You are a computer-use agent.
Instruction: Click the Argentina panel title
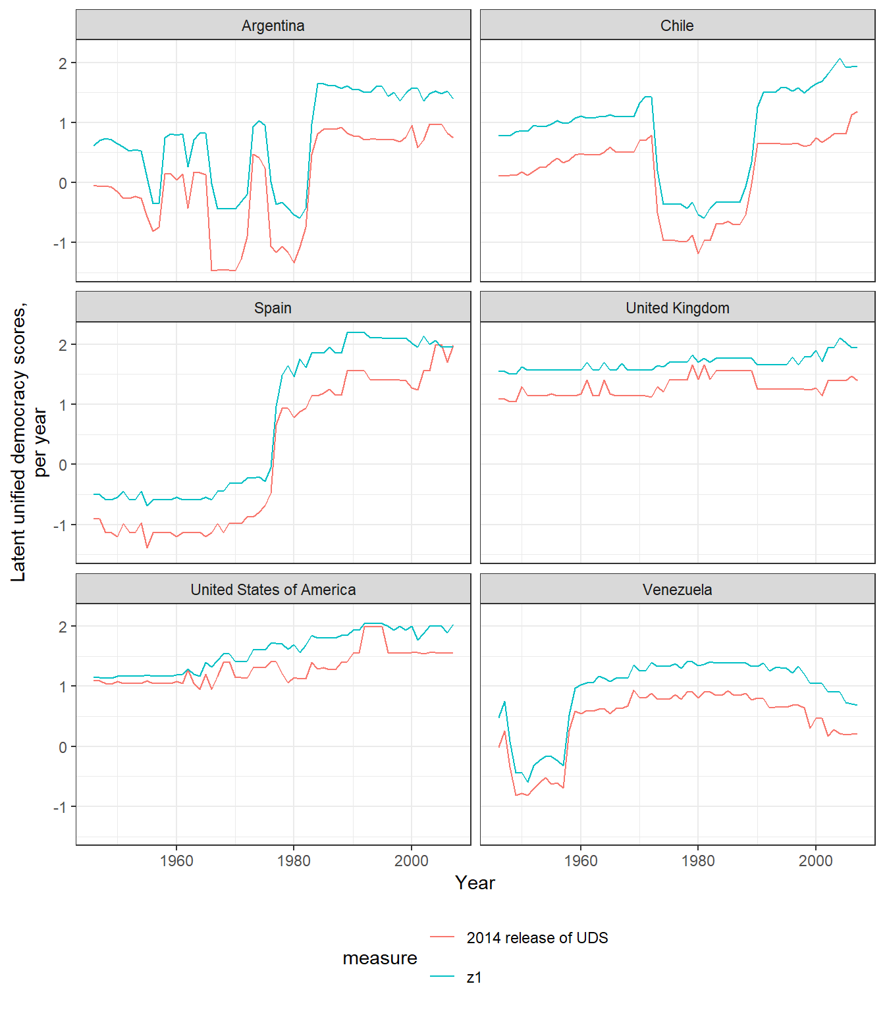coord(273,26)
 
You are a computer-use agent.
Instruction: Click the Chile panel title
coord(677,26)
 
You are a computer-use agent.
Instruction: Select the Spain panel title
coord(273,308)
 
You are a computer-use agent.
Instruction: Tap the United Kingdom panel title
coord(677,308)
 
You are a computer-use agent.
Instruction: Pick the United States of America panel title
coord(273,590)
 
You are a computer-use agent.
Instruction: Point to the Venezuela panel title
coord(677,590)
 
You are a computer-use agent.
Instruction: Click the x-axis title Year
coord(475,883)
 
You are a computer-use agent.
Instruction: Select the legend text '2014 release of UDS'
coord(537,938)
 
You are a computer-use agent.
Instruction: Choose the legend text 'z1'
coord(474,977)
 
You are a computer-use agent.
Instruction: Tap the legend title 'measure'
coord(380,958)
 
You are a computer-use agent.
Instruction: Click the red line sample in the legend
coord(443,937)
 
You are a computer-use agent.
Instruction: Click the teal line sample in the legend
coord(443,977)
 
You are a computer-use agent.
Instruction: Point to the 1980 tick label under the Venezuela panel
coord(698,861)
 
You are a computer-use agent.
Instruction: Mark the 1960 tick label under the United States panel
coord(176,861)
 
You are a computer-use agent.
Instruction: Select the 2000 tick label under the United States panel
coord(412,861)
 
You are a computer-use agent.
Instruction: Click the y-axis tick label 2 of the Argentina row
coord(63,63)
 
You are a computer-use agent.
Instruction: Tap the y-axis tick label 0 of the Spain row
coord(63,465)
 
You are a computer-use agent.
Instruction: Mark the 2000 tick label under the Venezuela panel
coord(816,861)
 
